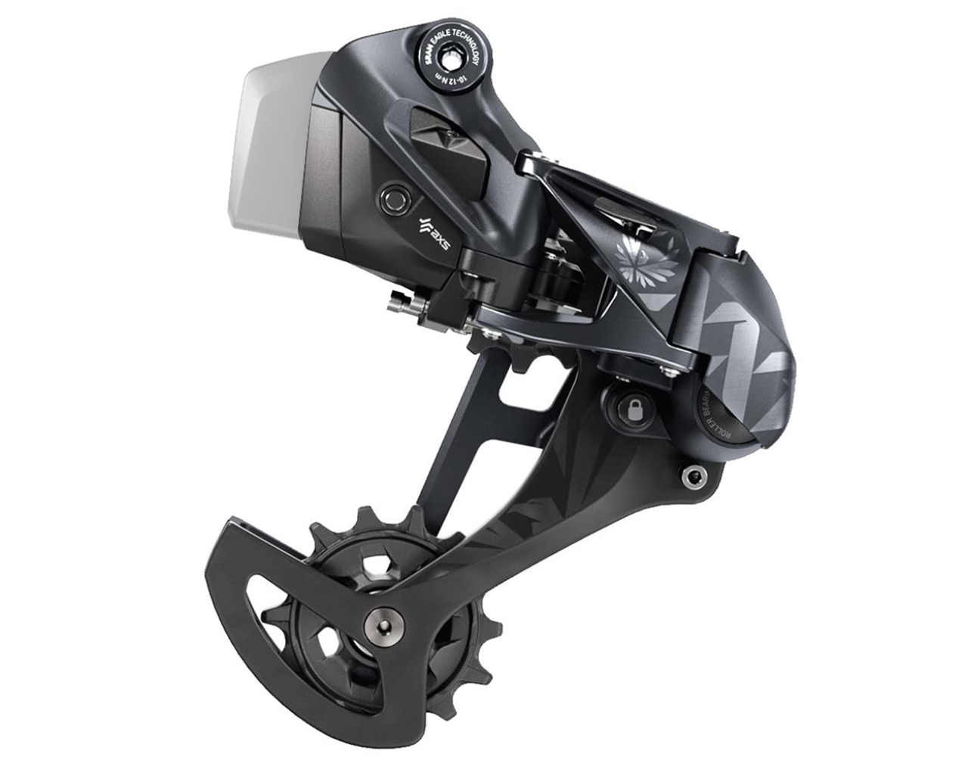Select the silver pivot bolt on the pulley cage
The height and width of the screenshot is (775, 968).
pos(379,619)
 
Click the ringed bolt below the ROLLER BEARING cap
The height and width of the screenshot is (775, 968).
pos(690,476)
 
